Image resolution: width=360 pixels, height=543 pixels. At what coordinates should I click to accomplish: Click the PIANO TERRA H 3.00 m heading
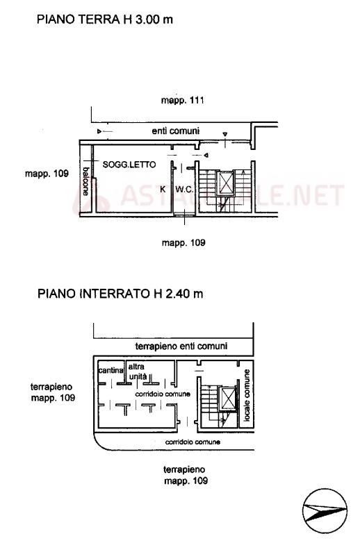click(x=105, y=19)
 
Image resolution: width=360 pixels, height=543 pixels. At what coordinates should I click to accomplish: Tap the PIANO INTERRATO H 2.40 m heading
click(x=120, y=294)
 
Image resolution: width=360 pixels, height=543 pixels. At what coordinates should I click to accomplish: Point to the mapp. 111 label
click(x=183, y=101)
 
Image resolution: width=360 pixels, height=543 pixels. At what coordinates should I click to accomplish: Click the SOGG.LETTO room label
click(x=129, y=165)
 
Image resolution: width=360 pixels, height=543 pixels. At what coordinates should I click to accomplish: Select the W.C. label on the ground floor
click(x=184, y=190)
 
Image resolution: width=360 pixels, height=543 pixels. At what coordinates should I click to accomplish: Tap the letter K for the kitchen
click(x=163, y=190)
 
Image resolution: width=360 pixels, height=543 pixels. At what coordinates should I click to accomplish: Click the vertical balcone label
click(x=85, y=181)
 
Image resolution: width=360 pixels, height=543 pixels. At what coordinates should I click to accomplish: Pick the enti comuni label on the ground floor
click(x=176, y=131)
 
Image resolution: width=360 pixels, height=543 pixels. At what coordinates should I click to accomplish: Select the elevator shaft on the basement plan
click(x=228, y=399)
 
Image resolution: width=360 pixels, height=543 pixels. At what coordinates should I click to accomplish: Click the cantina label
click(x=111, y=370)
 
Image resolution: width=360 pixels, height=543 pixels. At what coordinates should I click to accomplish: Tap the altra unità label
click(x=138, y=371)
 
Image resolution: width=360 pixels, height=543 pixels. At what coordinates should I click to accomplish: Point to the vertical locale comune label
click(x=246, y=395)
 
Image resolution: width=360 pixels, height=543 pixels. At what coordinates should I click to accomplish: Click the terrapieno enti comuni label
click(x=181, y=346)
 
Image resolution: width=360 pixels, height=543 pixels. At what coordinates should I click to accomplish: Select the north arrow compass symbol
click(x=325, y=511)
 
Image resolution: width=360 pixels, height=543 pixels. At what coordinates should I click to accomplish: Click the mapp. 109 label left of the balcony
click(x=47, y=173)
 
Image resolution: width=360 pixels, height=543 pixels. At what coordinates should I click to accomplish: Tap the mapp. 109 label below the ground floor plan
click(x=183, y=243)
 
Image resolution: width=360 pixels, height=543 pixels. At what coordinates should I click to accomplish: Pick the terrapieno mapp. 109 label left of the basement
click(x=53, y=392)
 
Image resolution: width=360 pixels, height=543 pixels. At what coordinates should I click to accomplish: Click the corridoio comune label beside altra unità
click(x=163, y=394)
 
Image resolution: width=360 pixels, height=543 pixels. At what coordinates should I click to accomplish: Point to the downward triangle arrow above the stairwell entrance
click(x=225, y=135)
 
